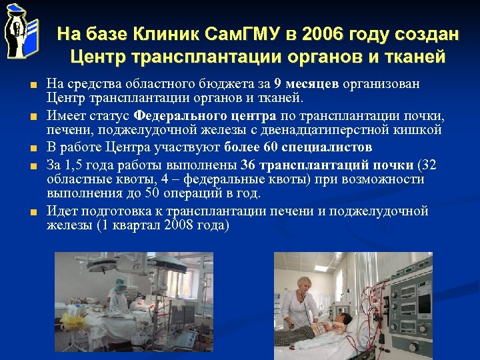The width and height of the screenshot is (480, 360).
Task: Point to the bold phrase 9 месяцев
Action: [x=307, y=85]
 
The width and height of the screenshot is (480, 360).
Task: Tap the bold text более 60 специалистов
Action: [x=299, y=147]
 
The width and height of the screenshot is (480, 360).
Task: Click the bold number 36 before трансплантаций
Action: [x=249, y=165]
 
